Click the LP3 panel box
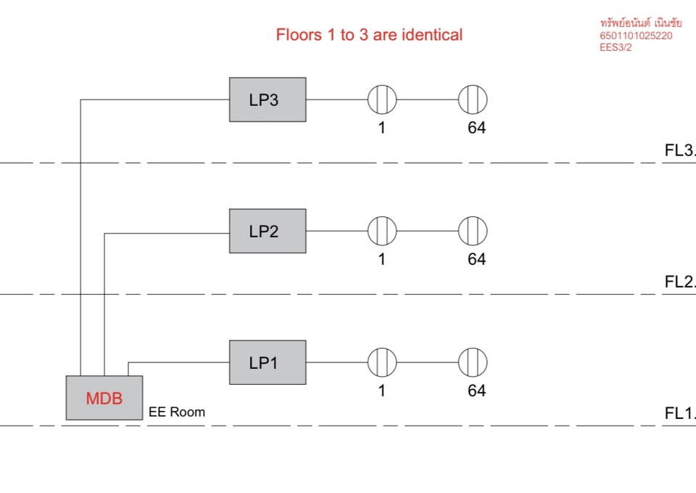point(268,99)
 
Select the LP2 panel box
point(268,231)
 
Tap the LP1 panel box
point(268,362)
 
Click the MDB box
point(104,398)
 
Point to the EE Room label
point(177,412)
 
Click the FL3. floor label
point(679,151)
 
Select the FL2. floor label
point(679,282)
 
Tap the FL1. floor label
point(679,414)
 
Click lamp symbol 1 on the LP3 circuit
point(382,99)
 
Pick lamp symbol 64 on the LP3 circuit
point(473,99)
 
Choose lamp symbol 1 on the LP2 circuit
point(382,231)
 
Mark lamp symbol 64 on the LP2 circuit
point(473,231)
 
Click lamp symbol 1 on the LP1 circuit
point(382,362)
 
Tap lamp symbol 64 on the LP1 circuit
point(473,362)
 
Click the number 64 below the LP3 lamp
point(476,129)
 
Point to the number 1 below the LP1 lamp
point(382,391)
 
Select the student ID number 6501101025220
point(636,36)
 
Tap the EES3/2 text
point(616,47)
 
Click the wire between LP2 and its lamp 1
point(336,231)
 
